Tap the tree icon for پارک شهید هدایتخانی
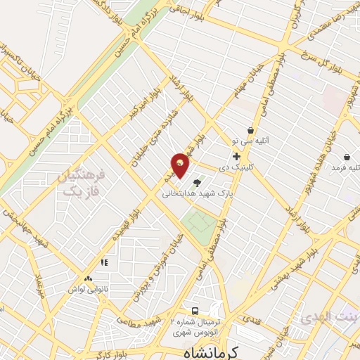206,182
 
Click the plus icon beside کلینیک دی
236,157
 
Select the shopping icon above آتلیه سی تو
250,130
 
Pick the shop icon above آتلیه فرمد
347,157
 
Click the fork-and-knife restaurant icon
104,263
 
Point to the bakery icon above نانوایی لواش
89,280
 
